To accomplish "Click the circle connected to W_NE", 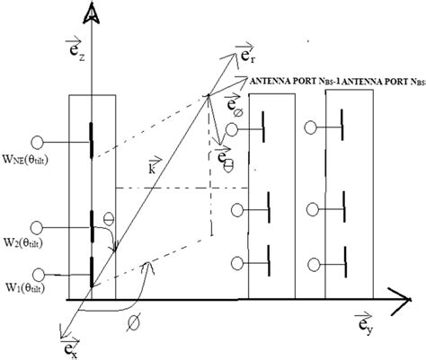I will tap(38, 141).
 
